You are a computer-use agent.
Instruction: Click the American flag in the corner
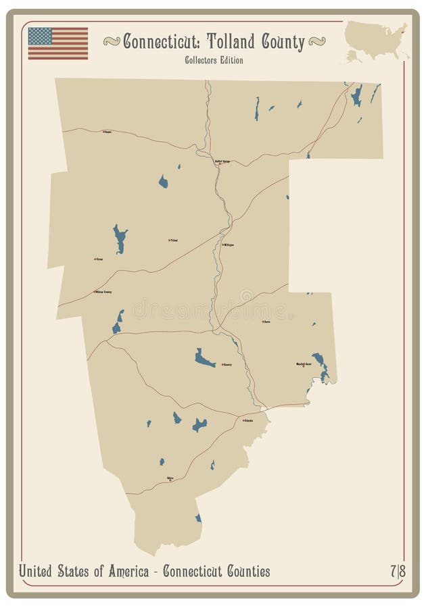[x=58, y=43]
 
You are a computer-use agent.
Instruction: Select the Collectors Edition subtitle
[x=214, y=61]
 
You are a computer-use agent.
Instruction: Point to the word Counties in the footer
[x=244, y=572]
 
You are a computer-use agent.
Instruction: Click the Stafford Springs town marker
[x=218, y=163]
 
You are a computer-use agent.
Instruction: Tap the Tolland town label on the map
[x=174, y=240]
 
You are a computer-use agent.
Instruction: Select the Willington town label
[x=228, y=245]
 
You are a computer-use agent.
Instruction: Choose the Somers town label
[x=107, y=132]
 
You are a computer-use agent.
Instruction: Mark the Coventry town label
[x=227, y=364]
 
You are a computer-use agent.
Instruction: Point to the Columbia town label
[x=247, y=420]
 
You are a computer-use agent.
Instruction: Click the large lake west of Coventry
[x=204, y=358]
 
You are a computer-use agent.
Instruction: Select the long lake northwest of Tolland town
[x=120, y=238]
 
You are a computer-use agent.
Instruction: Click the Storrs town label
[x=266, y=322]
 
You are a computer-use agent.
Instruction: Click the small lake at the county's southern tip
[x=198, y=518]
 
